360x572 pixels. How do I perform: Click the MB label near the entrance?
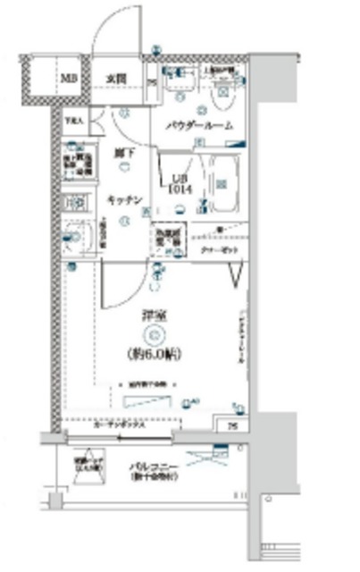(x=68, y=78)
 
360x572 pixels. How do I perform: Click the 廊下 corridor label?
(x=123, y=153)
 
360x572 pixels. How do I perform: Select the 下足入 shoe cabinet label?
(x=73, y=119)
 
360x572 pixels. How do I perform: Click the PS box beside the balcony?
(x=231, y=425)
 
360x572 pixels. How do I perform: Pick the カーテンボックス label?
(x=119, y=425)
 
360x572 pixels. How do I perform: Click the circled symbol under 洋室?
(x=153, y=335)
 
